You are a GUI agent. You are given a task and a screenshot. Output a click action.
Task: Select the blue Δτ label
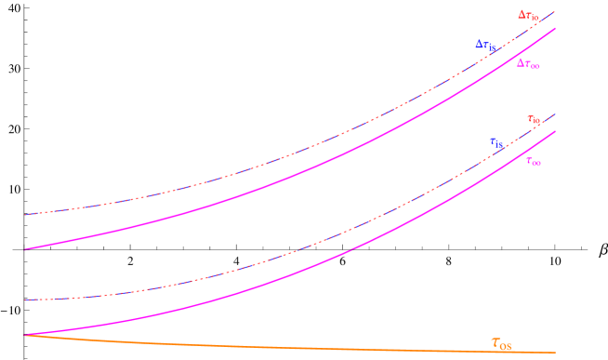[x=485, y=45]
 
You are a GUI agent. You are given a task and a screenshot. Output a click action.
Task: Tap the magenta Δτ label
[x=528, y=64]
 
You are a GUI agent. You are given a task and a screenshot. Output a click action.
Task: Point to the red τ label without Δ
[x=534, y=120]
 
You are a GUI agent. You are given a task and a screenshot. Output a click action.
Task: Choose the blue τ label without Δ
[x=496, y=143]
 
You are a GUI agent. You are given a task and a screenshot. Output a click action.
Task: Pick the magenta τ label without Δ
[x=534, y=162]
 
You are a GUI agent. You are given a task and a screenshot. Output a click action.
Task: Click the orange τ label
[x=501, y=344]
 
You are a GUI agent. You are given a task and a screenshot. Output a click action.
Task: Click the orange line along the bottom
[x=279, y=345]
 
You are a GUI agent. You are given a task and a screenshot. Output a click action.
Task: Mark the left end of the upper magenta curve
[x=25, y=249]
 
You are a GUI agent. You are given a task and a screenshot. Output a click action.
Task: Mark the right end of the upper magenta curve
[x=555, y=28]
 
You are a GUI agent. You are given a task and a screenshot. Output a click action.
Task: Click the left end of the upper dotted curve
[x=25, y=215]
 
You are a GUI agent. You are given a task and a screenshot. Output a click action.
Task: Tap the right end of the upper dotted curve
[x=555, y=11]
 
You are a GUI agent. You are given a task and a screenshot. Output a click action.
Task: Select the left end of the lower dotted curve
[x=25, y=300]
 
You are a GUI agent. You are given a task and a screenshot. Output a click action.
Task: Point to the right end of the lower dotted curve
[x=555, y=114]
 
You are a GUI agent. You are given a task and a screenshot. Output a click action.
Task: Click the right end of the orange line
[x=555, y=352]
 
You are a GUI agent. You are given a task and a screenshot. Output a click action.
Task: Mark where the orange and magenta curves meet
[x=25, y=335]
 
